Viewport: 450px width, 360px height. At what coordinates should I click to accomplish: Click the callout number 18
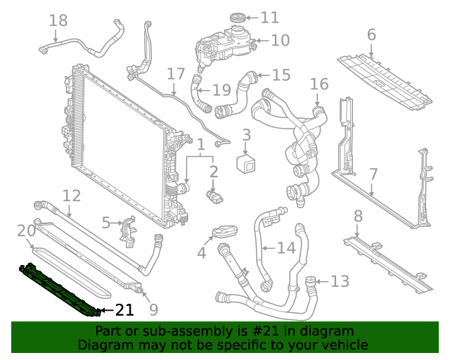[x=58, y=20]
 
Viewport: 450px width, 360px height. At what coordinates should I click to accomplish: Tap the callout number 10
[x=279, y=40]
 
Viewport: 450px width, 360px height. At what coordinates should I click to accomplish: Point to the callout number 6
[x=371, y=34]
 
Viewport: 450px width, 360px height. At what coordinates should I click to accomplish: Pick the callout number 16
[x=319, y=84]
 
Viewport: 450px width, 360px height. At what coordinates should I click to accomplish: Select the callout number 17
[x=176, y=74]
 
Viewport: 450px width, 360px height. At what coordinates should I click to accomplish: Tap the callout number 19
[x=221, y=89]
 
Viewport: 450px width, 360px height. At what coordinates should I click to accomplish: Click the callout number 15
[x=281, y=75]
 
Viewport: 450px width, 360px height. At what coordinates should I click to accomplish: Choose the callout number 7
[x=373, y=174]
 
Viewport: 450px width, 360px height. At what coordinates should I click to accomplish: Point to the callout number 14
[x=286, y=247]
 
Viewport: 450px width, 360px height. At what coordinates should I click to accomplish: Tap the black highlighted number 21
[x=124, y=309]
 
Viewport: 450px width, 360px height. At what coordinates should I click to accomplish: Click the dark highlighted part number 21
[x=60, y=288]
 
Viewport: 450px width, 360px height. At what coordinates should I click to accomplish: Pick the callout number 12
[x=72, y=195]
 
